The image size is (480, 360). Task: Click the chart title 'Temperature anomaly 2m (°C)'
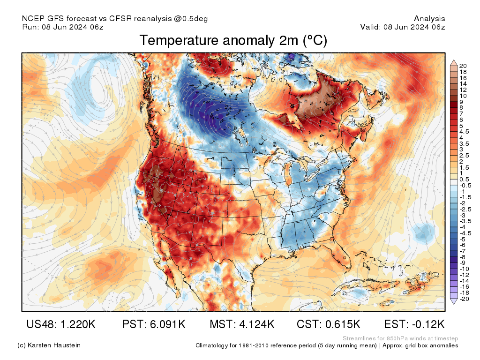pos(233,41)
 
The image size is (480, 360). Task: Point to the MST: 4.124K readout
pos(242,324)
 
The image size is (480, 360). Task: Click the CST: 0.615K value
pos(328,324)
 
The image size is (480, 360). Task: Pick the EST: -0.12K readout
pos(414,324)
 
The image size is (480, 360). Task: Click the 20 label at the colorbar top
pos(463,66)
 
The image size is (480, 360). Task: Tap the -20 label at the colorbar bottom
pos(465,299)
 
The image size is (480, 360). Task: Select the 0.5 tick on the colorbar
pos(464,180)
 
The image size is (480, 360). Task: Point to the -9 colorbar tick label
pos(463,262)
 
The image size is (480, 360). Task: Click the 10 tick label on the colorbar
pos(463,96)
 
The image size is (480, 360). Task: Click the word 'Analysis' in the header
pos(429,19)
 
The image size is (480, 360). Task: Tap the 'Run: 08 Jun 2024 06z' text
pos(63,27)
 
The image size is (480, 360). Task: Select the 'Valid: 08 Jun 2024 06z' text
pos(402,27)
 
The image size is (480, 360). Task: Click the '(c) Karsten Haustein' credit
pos(49,345)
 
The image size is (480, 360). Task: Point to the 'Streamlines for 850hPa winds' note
pos(400,338)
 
